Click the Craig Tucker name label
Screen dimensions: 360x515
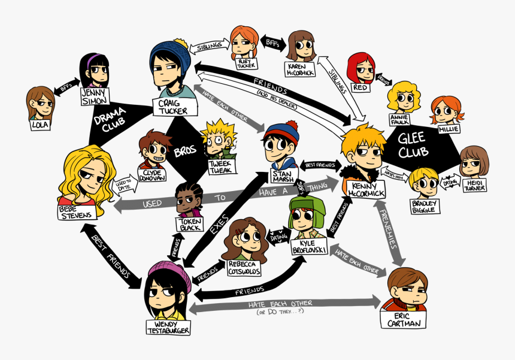coord(173,107)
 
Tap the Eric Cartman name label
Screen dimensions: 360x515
coord(404,319)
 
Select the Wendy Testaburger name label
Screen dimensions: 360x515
coord(168,327)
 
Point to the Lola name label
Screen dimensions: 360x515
coord(41,124)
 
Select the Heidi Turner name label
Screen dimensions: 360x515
coord(474,184)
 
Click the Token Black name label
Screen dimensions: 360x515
coord(190,224)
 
